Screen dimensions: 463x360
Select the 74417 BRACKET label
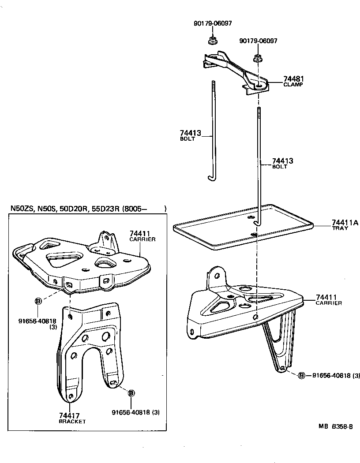pyautogui.click(x=72, y=418)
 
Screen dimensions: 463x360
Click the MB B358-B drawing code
pyautogui.click(x=336, y=426)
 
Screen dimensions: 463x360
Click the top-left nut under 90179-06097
pyautogui.click(x=212, y=41)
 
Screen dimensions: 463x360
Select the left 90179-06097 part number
pyautogui.click(x=213, y=23)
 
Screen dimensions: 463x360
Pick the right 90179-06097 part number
pyautogui.click(x=258, y=41)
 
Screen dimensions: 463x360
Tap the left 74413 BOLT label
pyautogui.click(x=190, y=135)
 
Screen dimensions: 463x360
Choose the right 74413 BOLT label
pyautogui.click(x=282, y=164)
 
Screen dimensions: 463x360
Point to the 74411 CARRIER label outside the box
pyautogui.click(x=329, y=300)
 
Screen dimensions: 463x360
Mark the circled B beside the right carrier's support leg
pyautogui.click(x=301, y=375)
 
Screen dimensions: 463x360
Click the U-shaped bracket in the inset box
pyautogui.click(x=90, y=348)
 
